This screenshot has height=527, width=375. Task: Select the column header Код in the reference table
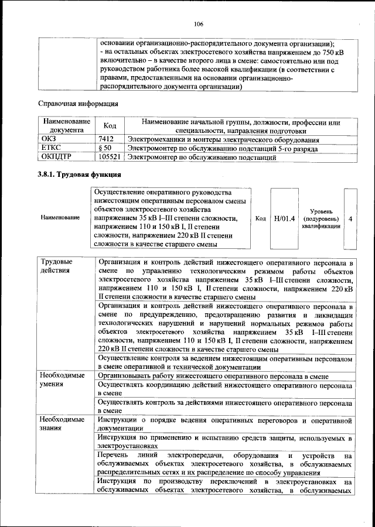[110, 126]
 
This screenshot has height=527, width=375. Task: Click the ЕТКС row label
[50, 149]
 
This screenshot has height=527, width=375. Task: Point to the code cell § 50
[104, 149]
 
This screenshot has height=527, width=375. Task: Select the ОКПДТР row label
[56, 158]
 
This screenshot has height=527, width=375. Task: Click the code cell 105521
[110, 158]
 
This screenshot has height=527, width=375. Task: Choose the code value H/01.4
[283, 218]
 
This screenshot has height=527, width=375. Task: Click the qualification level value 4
[350, 218]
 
